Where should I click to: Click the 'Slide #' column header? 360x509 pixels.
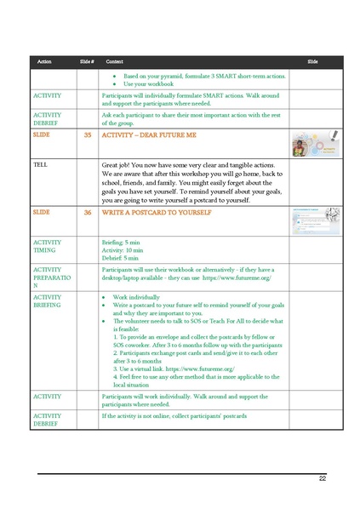86,62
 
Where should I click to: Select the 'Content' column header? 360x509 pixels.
114,62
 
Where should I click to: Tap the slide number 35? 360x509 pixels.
88,134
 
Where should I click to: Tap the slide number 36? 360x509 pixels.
88,212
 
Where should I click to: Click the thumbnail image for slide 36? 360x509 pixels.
316,220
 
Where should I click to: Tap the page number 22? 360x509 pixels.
323,479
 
